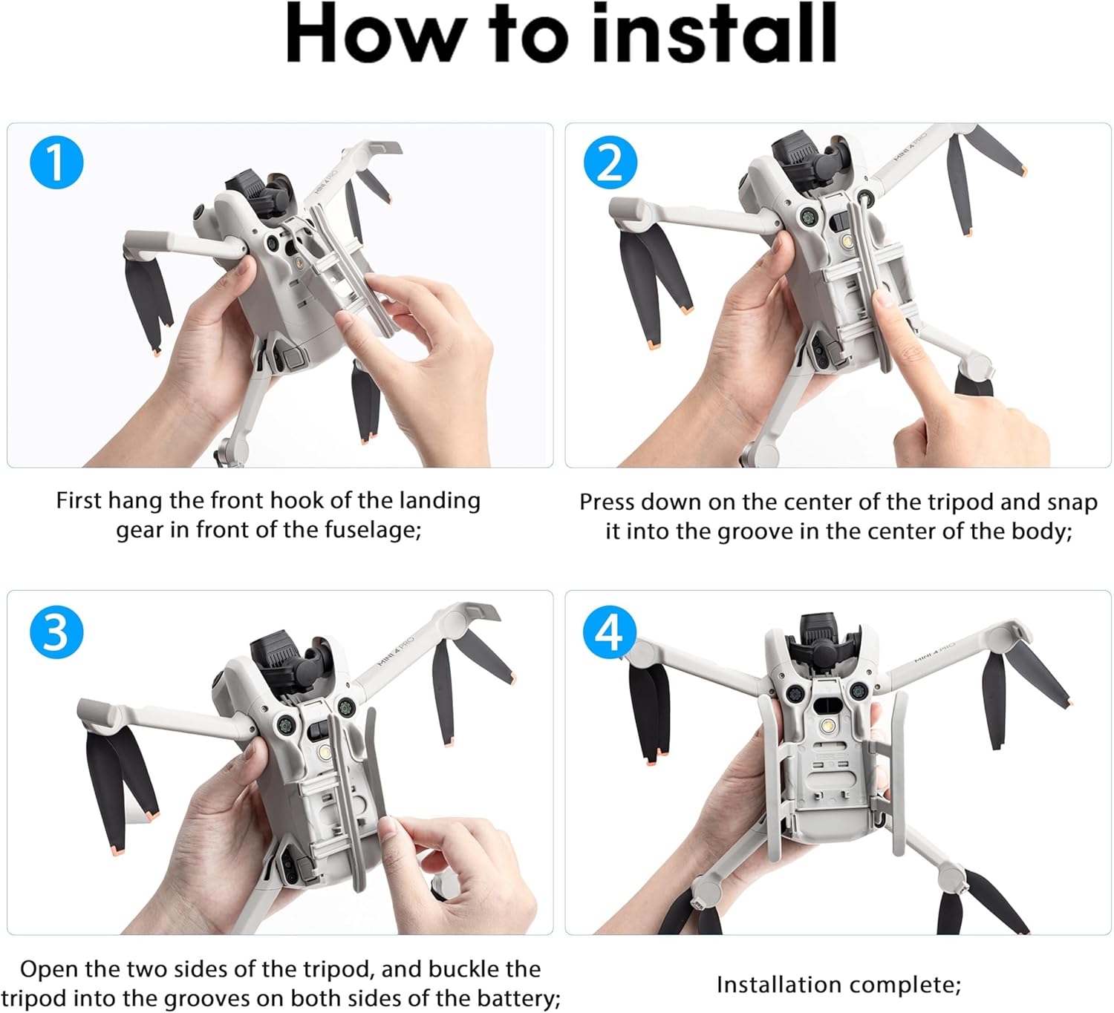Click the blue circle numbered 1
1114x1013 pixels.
[x=56, y=162]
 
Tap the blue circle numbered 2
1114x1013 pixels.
[x=610, y=162]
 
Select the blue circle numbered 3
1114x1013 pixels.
[x=56, y=632]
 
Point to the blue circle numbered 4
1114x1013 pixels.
[x=610, y=632]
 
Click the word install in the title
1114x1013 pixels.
[x=714, y=33]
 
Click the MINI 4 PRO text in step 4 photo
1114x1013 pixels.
[x=934, y=652]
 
